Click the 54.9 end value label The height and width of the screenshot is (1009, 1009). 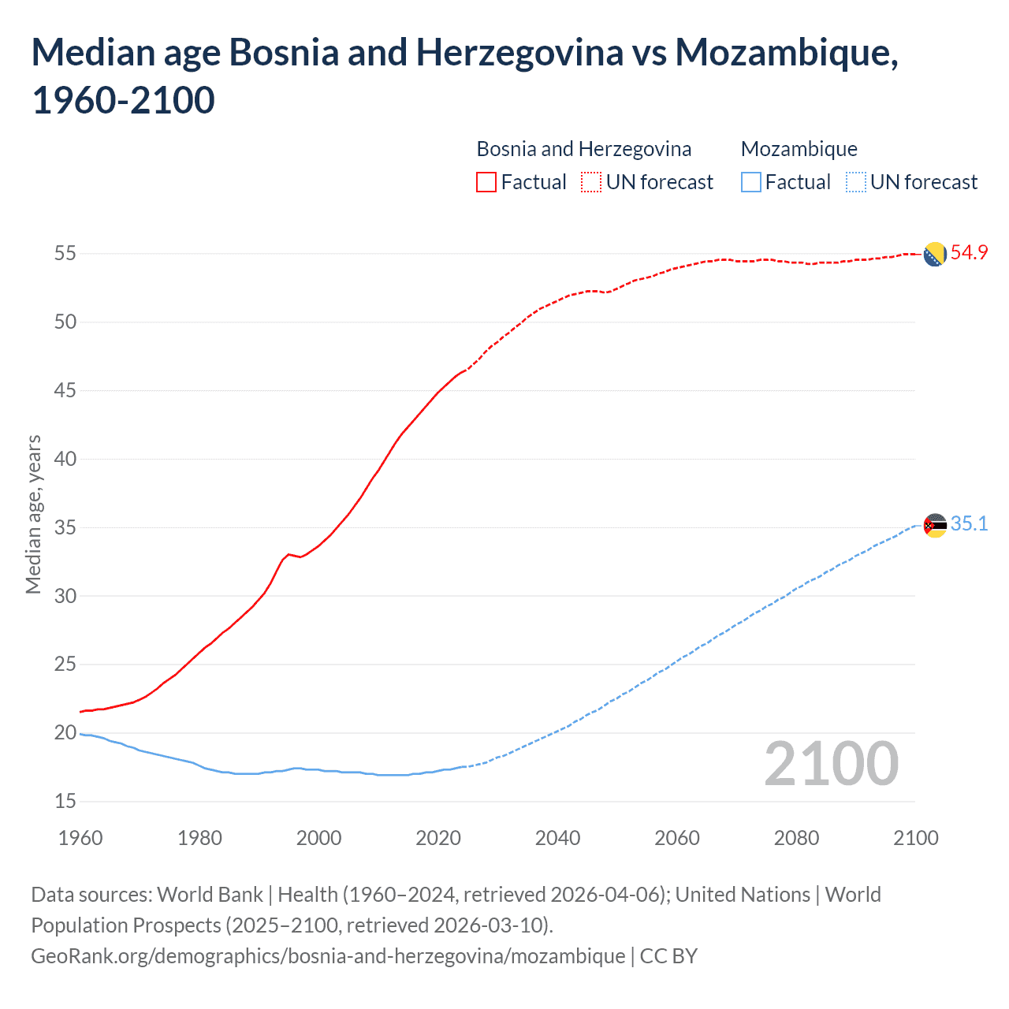969,253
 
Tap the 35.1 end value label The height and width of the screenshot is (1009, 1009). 969,524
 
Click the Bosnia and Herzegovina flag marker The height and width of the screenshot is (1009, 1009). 935,255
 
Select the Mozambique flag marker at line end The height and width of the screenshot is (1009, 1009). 935,525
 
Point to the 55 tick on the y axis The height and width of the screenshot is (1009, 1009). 65,254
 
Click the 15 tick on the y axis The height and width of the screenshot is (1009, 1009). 65,802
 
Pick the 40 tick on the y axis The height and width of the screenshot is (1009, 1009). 65,459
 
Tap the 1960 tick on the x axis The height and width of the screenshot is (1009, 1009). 80,838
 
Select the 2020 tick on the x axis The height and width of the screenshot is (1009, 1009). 438,838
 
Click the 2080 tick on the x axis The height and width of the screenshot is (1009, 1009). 796,838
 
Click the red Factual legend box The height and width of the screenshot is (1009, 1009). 486,182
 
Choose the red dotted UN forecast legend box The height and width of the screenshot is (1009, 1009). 591,182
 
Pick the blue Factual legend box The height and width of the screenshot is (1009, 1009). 751,182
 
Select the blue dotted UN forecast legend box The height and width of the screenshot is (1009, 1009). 855,182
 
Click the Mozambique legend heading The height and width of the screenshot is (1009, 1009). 799,149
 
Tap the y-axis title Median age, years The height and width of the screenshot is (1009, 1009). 33,514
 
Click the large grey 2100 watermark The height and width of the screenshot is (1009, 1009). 831,764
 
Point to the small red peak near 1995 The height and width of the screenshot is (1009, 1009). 289,554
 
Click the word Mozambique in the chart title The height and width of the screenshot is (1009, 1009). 785,53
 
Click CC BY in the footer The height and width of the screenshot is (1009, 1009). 668,956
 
